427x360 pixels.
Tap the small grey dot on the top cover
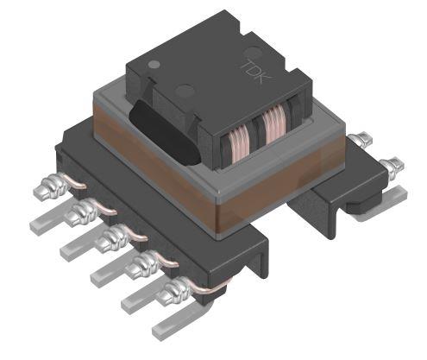coord(153,65)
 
